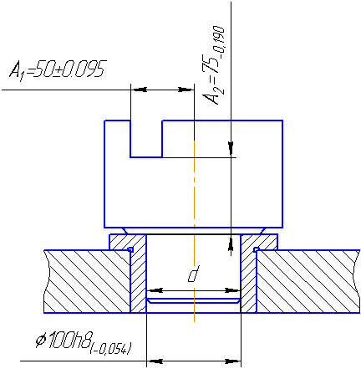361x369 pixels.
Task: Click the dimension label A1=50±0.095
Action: [x=58, y=69]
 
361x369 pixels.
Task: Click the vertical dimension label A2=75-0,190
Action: [x=214, y=65]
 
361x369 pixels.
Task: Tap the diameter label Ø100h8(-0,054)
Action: [x=84, y=342]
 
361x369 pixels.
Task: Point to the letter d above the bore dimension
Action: [x=193, y=274]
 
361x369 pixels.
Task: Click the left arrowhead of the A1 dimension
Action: [x=140, y=90]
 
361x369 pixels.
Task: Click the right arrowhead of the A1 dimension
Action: [x=185, y=90]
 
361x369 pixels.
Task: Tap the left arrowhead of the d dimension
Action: [x=155, y=290]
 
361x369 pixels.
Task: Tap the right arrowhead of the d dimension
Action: [x=231, y=290]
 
